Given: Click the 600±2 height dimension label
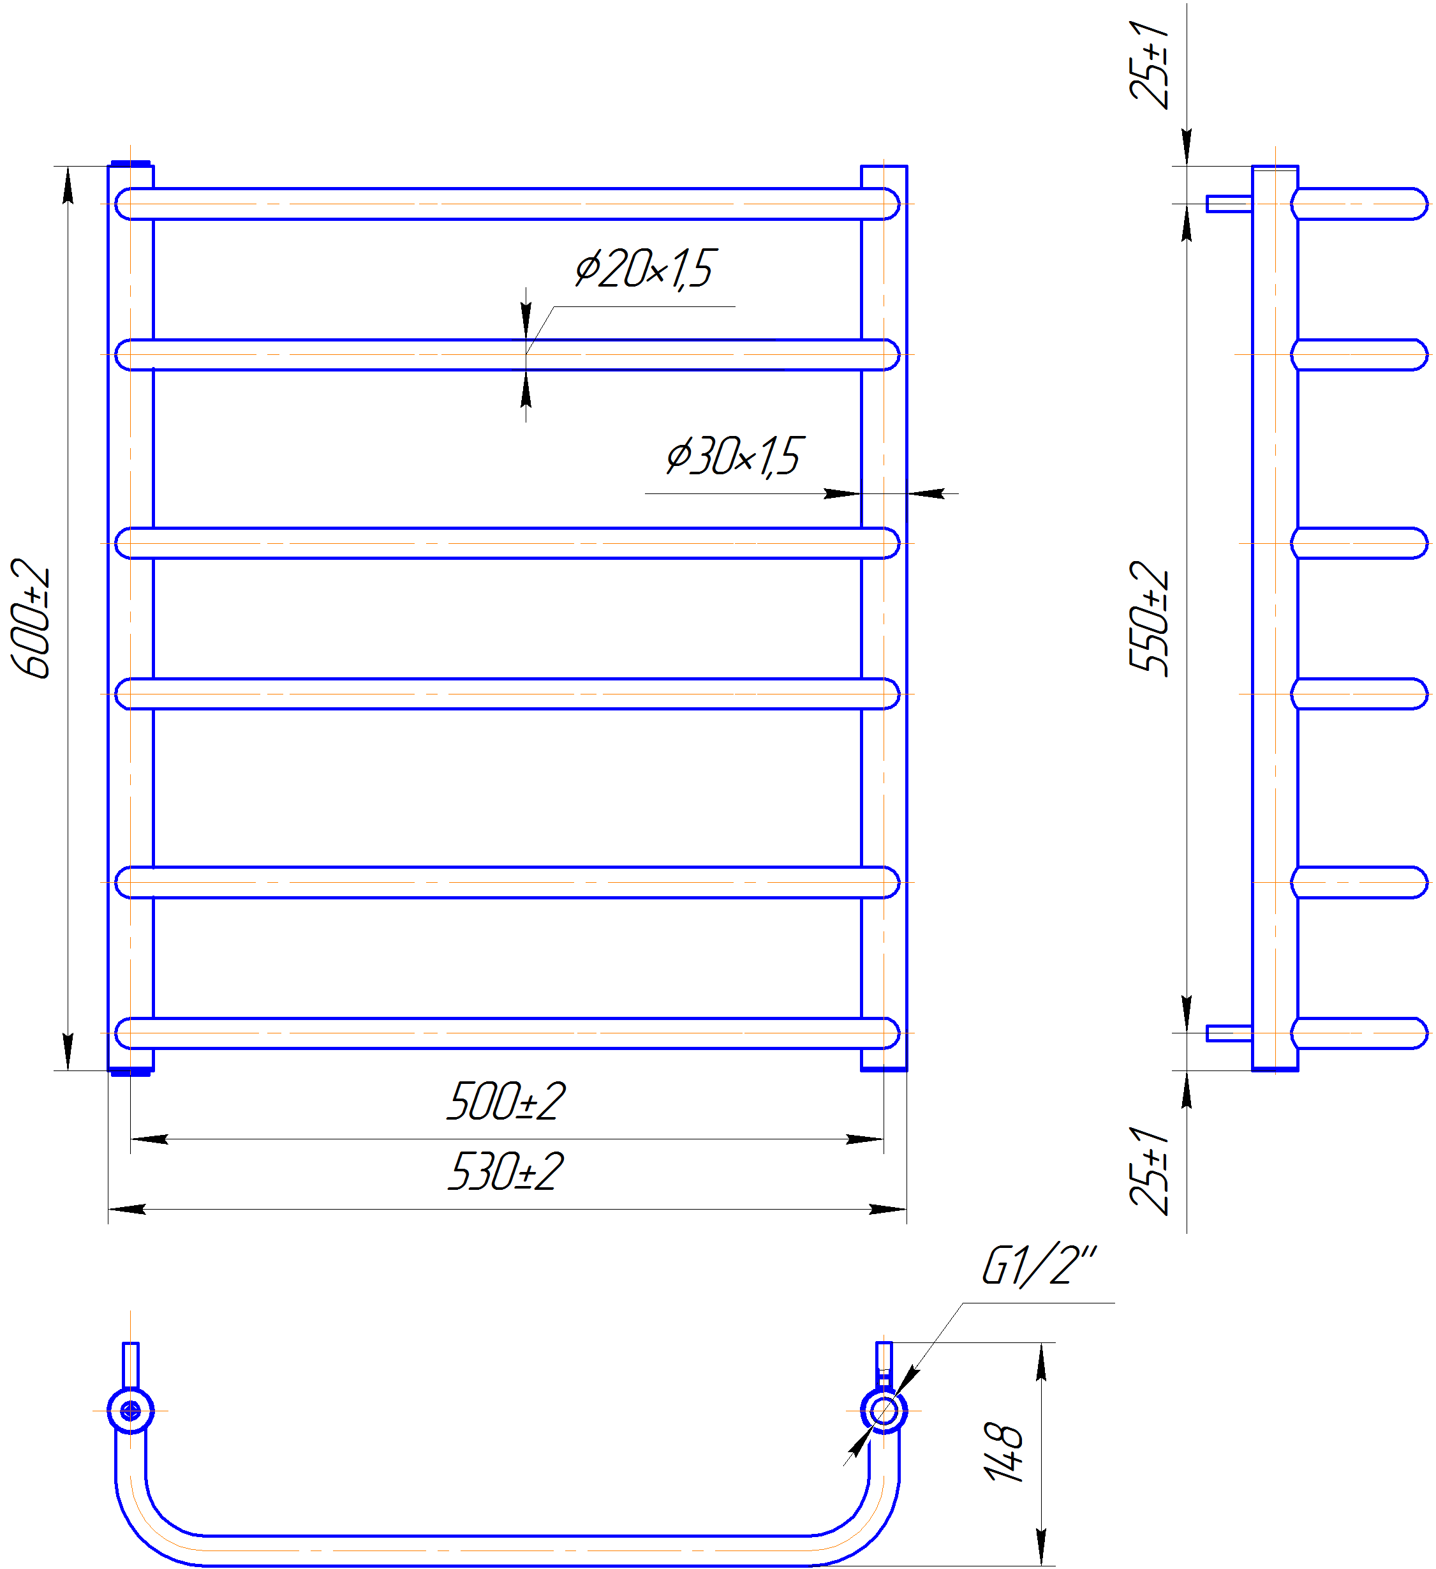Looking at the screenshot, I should tap(31, 618).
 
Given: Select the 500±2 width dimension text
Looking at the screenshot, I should tap(507, 1101).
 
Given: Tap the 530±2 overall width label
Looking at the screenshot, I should tap(507, 1171).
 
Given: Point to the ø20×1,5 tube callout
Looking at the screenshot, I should tap(645, 269).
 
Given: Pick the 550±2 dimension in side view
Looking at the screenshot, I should tap(1149, 619).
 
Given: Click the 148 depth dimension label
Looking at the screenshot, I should tap(1003, 1452).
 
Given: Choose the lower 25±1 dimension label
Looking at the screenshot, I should tap(1149, 1171).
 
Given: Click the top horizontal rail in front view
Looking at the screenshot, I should tap(507, 204).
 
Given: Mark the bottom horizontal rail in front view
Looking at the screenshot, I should tap(507, 1033).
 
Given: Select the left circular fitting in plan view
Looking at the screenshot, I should tap(131, 1410).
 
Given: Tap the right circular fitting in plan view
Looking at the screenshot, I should tap(884, 1410).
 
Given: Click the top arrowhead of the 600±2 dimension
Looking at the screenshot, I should tap(68, 185).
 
